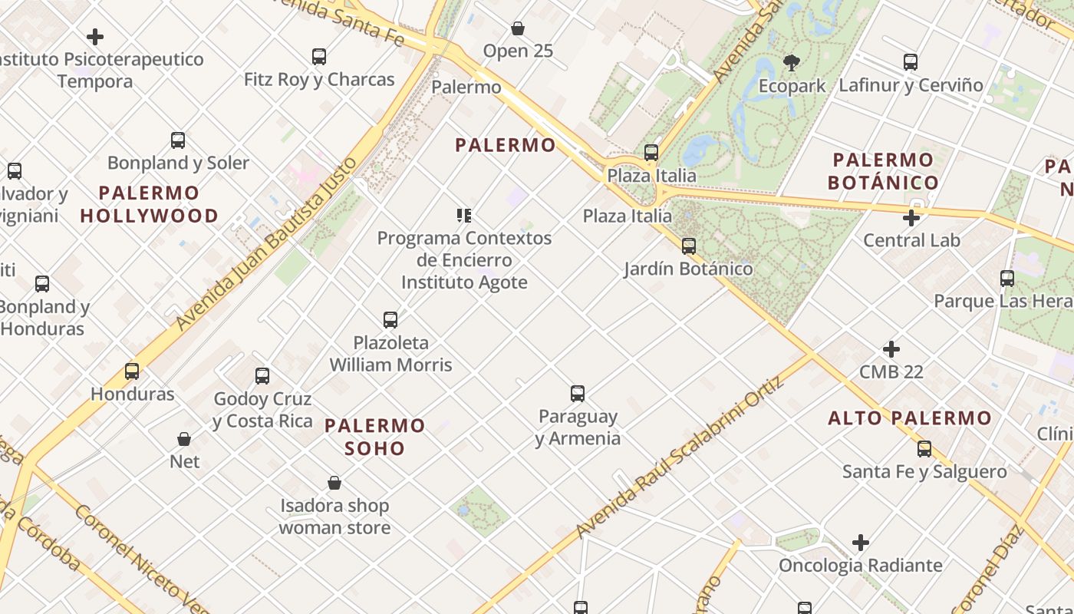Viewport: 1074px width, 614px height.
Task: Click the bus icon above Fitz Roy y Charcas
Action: coord(319,57)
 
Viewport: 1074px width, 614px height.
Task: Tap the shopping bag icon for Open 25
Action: coord(518,29)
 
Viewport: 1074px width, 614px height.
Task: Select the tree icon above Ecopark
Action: coord(792,62)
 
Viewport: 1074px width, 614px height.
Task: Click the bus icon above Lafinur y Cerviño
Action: coord(911,62)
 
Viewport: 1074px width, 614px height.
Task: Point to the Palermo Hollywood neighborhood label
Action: coord(150,204)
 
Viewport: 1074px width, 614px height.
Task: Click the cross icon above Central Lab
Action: coord(911,218)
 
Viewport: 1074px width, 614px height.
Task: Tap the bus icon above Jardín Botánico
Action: coord(689,246)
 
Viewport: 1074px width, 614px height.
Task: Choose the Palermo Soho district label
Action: coord(375,437)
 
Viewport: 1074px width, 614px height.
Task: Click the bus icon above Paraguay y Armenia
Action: coord(578,394)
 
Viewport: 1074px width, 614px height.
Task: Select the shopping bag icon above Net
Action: coord(184,439)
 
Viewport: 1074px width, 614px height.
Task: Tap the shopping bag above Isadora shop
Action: coord(334,483)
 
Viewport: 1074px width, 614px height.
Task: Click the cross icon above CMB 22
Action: coord(891,349)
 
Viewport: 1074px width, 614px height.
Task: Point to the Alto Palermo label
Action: coord(910,418)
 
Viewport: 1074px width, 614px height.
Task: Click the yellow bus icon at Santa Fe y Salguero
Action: coord(924,449)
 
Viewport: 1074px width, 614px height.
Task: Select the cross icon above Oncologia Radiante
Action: coord(861,543)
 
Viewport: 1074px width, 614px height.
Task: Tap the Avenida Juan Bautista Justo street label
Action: coord(267,244)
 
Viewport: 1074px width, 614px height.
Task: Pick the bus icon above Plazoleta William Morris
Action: coord(390,319)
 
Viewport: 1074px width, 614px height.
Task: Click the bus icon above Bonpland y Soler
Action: coord(178,140)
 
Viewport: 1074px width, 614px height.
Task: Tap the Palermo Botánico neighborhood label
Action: coord(883,171)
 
